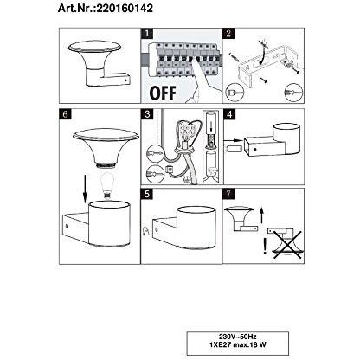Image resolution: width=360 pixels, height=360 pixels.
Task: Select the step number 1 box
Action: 146,35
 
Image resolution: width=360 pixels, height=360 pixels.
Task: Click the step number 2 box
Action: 229,35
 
